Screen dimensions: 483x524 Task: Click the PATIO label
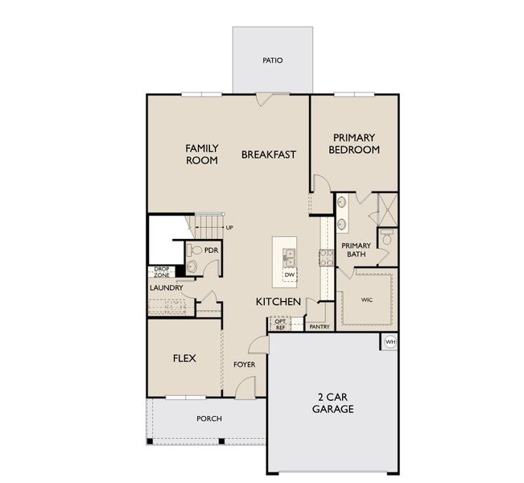pos(273,60)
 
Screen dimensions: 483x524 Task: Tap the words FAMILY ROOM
pos(202,154)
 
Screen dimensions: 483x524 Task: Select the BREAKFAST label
pos(270,154)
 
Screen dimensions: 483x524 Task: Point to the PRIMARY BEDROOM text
pos(355,144)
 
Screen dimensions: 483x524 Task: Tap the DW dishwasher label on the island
pos(288,275)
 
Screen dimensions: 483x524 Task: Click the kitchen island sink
pos(288,257)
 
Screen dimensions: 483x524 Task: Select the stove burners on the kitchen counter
pos(328,258)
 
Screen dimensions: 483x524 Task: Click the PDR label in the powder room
pos(211,250)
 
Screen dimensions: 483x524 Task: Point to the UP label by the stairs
pos(229,228)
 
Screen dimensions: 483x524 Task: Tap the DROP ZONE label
pos(162,272)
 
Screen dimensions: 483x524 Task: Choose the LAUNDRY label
pos(166,287)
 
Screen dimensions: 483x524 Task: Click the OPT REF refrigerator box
pos(280,324)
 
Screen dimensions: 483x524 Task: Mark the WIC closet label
pos(367,299)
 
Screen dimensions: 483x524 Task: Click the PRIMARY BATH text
pos(356,250)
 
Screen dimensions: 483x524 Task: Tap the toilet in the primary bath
pos(386,238)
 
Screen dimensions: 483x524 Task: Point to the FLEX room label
pos(184,358)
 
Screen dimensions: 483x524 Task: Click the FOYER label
pos(244,365)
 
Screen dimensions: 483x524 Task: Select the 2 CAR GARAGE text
pos(332,402)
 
